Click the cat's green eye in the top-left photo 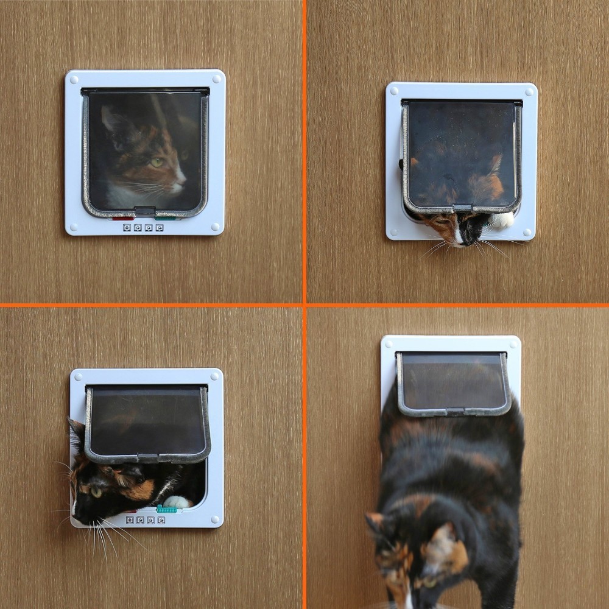point(157,163)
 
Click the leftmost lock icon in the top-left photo point(127,228)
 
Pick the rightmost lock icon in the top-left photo point(160,228)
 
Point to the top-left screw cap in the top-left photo point(73,78)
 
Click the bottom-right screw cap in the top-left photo point(216,227)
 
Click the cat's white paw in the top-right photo point(503,220)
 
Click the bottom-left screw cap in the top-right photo point(394,231)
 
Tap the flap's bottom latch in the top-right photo point(463,208)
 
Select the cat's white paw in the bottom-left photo point(178,502)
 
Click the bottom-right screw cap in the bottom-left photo point(214,519)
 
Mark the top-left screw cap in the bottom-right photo point(390,345)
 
